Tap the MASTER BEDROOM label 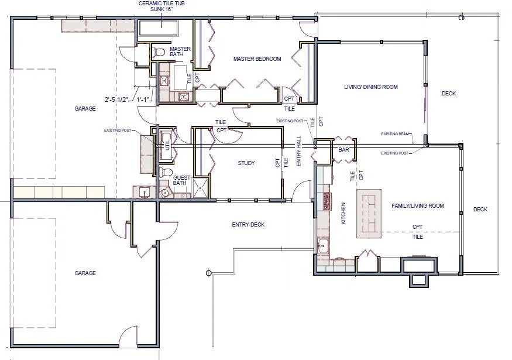(257, 59)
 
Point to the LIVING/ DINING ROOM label (370, 87)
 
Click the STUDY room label (246, 163)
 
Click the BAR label (343, 150)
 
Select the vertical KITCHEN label (343, 214)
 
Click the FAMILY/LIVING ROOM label (417, 206)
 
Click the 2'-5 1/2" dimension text (117, 100)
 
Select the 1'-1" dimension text (144, 100)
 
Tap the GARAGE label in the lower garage (85, 273)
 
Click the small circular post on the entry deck (208, 273)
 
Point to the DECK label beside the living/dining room (448, 94)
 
